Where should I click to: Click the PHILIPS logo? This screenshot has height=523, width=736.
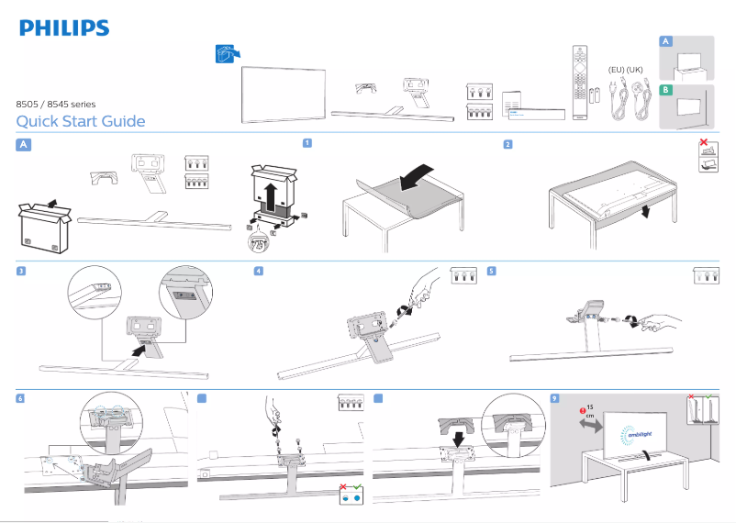pos(64,28)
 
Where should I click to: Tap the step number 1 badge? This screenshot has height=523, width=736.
pos(307,143)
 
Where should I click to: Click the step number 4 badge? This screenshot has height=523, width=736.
pos(259,271)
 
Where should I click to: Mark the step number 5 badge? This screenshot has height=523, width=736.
pos(492,271)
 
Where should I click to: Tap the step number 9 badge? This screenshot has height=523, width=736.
pos(554,397)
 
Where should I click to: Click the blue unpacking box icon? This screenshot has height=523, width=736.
pos(222,54)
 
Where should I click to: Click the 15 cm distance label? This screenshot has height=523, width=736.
pos(589,410)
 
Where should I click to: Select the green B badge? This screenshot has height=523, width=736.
pos(667,90)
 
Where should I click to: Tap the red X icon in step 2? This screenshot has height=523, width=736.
pos(703,143)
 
